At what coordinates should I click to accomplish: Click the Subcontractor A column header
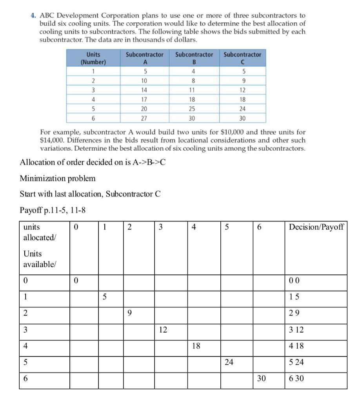(144, 58)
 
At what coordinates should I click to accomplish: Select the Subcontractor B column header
(194, 58)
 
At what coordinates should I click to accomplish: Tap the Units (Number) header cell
(93, 58)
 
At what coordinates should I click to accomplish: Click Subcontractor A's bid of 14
(144, 90)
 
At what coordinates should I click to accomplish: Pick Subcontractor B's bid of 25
(194, 108)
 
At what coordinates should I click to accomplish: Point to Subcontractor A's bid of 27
(144, 118)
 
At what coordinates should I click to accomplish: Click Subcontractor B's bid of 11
(194, 90)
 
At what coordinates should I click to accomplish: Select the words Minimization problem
(57, 179)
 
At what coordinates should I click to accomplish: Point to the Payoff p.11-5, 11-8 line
(53, 210)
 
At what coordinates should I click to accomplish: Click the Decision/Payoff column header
(316, 227)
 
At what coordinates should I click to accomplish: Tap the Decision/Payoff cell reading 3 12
(296, 330)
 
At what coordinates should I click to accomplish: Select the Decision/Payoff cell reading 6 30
(296, 379)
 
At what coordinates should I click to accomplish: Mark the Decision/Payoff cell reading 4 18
(296, 347)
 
